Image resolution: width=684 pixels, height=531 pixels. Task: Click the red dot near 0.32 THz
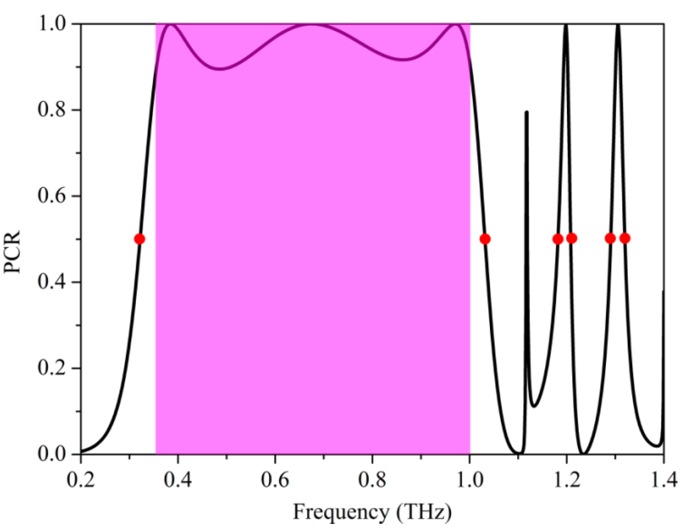(x=139, y=239)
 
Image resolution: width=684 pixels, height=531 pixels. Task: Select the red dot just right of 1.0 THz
(x=485, y=239)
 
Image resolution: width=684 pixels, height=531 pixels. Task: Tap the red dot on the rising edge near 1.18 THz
(x=558, y=239)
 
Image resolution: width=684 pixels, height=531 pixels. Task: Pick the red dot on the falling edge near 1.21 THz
(x=572, y=238)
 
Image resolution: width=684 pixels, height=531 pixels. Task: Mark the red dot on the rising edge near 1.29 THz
(x=610, y=238)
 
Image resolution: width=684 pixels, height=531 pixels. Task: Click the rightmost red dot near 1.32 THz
(x=625, y=238)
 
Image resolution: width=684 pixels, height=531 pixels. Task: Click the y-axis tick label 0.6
(x=52, y=196)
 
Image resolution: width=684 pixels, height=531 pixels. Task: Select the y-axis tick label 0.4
(x=52, y=282)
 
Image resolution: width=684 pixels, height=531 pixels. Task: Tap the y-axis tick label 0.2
(x=52, y=368)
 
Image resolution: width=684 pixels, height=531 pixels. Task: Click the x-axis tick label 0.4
(x=178, y=480)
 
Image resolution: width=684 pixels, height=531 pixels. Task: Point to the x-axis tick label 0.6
(x=275, y=480)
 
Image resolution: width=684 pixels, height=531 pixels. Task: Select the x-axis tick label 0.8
(x=372, y=480)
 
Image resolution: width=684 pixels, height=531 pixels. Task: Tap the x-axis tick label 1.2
(x=566, y=480)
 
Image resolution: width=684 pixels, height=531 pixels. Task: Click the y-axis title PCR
(x=12, y=252)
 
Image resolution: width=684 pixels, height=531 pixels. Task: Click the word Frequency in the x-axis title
(x=341, y=513)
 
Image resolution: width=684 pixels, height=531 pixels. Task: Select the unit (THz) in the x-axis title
(x=424, y=513)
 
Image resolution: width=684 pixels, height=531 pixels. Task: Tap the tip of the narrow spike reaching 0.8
(x=526, y=112)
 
